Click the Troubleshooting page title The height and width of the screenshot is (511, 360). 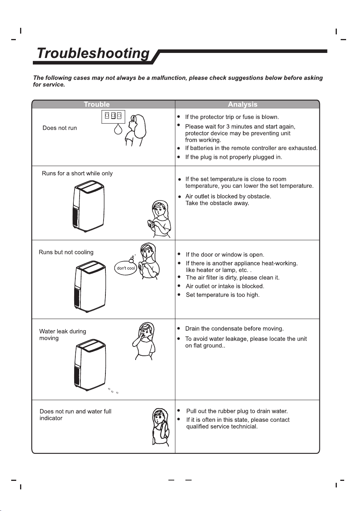(93, 53)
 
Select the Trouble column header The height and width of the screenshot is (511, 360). (97, 104)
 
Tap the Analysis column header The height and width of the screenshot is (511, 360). (243, 104)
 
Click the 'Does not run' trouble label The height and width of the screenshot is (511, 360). (59, 128)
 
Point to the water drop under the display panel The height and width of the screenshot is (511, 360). (118, 129)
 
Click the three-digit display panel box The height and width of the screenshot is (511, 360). (113, 117)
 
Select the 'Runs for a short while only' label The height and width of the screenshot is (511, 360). (77, 173)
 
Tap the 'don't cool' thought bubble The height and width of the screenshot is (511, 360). (126, 268)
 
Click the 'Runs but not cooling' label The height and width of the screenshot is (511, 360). (66, 252)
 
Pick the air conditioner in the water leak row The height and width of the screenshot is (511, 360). (90, 365)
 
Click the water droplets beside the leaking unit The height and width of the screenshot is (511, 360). (113, 391)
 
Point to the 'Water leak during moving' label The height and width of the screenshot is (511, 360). (63, 334)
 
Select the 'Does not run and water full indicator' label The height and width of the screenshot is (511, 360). (75, 415)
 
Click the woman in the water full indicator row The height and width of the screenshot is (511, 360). (161, 427)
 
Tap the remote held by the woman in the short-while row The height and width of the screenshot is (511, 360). (151, 223)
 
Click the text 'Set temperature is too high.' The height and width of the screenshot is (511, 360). (222, 295)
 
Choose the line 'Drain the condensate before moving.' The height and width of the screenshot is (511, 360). (234, 329)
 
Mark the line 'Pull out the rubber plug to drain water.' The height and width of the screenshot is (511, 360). (237, 411)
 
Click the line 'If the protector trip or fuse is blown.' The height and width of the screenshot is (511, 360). (232, 117)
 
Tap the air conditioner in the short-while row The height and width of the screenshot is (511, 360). (89, 206)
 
